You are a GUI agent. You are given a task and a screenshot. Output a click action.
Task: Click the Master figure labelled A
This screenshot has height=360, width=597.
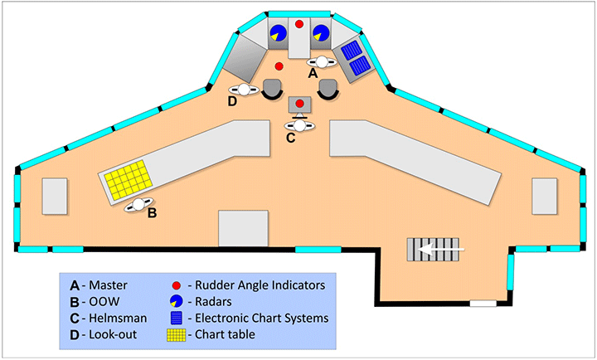point(321,61)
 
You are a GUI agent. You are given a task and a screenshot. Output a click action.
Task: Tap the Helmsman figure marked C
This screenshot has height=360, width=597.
point(299,124)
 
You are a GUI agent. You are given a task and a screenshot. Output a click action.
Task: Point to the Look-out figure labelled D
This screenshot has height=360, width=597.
point(245,90)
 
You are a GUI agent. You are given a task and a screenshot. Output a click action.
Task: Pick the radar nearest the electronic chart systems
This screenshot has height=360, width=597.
point(321,33)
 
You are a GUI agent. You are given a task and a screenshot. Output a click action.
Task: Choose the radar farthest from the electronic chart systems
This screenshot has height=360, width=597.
point(278,33)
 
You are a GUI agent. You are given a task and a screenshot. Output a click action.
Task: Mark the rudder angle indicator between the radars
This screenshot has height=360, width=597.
point(299,24)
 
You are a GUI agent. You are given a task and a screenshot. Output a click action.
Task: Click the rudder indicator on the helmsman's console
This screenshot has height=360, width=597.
point(299,103)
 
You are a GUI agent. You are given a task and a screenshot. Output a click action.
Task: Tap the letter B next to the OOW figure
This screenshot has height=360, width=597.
point(152,213)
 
